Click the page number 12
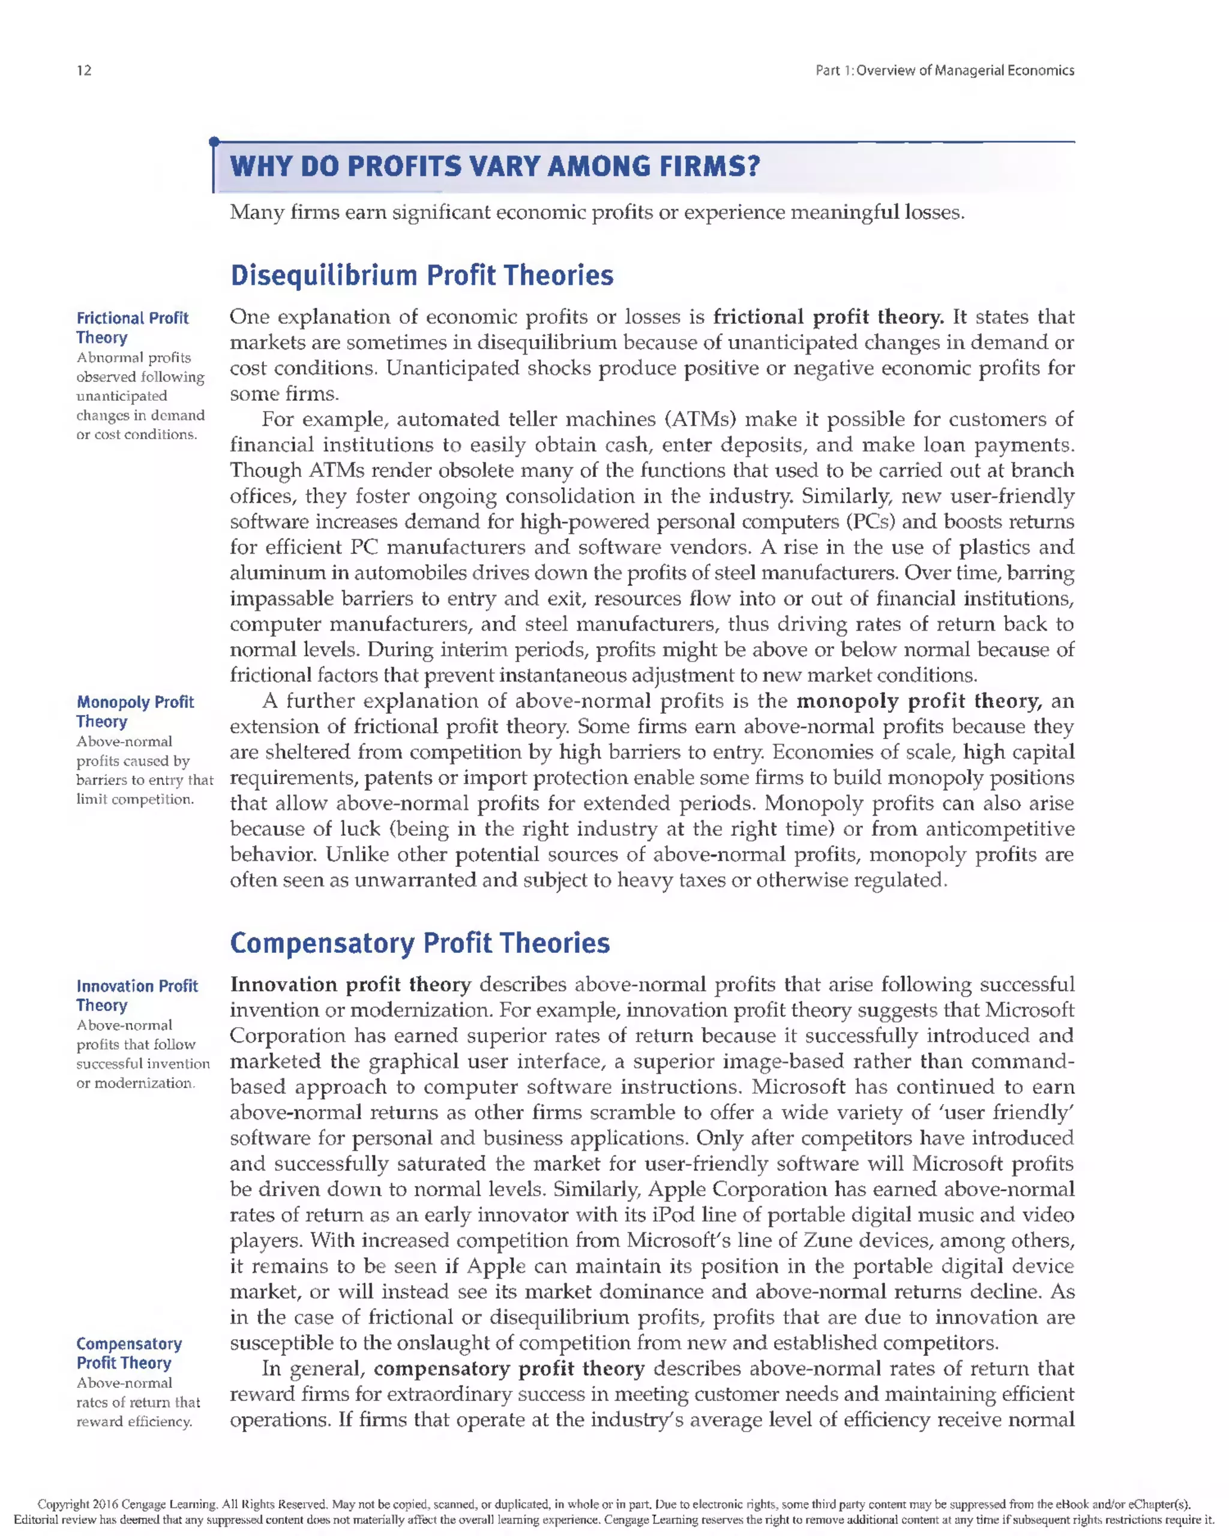[84, 70]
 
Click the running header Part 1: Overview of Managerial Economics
[944, 70]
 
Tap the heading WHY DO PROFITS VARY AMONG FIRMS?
[494, 167]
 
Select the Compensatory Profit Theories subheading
[419, 943]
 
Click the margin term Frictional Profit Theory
[132, 328]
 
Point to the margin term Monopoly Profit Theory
[134, 712]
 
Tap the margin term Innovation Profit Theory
[137, 995]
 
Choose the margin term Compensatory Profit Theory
[128, 1353]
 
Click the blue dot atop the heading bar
[214, 142]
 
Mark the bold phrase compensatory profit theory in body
[509, 1369]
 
